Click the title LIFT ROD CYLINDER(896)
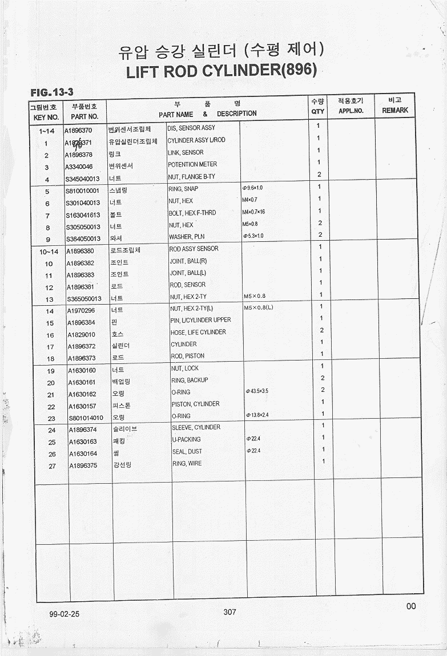pos(221,72)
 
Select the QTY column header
pos(317,112)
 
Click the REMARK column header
pos(395,110)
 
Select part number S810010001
pos(83,191)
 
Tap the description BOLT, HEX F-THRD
pos(192,213)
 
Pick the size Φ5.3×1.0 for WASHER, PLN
pos(252,236)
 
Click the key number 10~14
pos(49,252)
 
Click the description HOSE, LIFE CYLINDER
pos(198,332)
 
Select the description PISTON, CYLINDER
pos(195,404)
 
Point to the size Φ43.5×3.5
pos(256,391)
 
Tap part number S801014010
pos(86,418)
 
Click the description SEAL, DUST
pos(187,451)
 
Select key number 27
pos(51,466)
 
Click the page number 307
pos(229,612)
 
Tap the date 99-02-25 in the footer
pos(64,614)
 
